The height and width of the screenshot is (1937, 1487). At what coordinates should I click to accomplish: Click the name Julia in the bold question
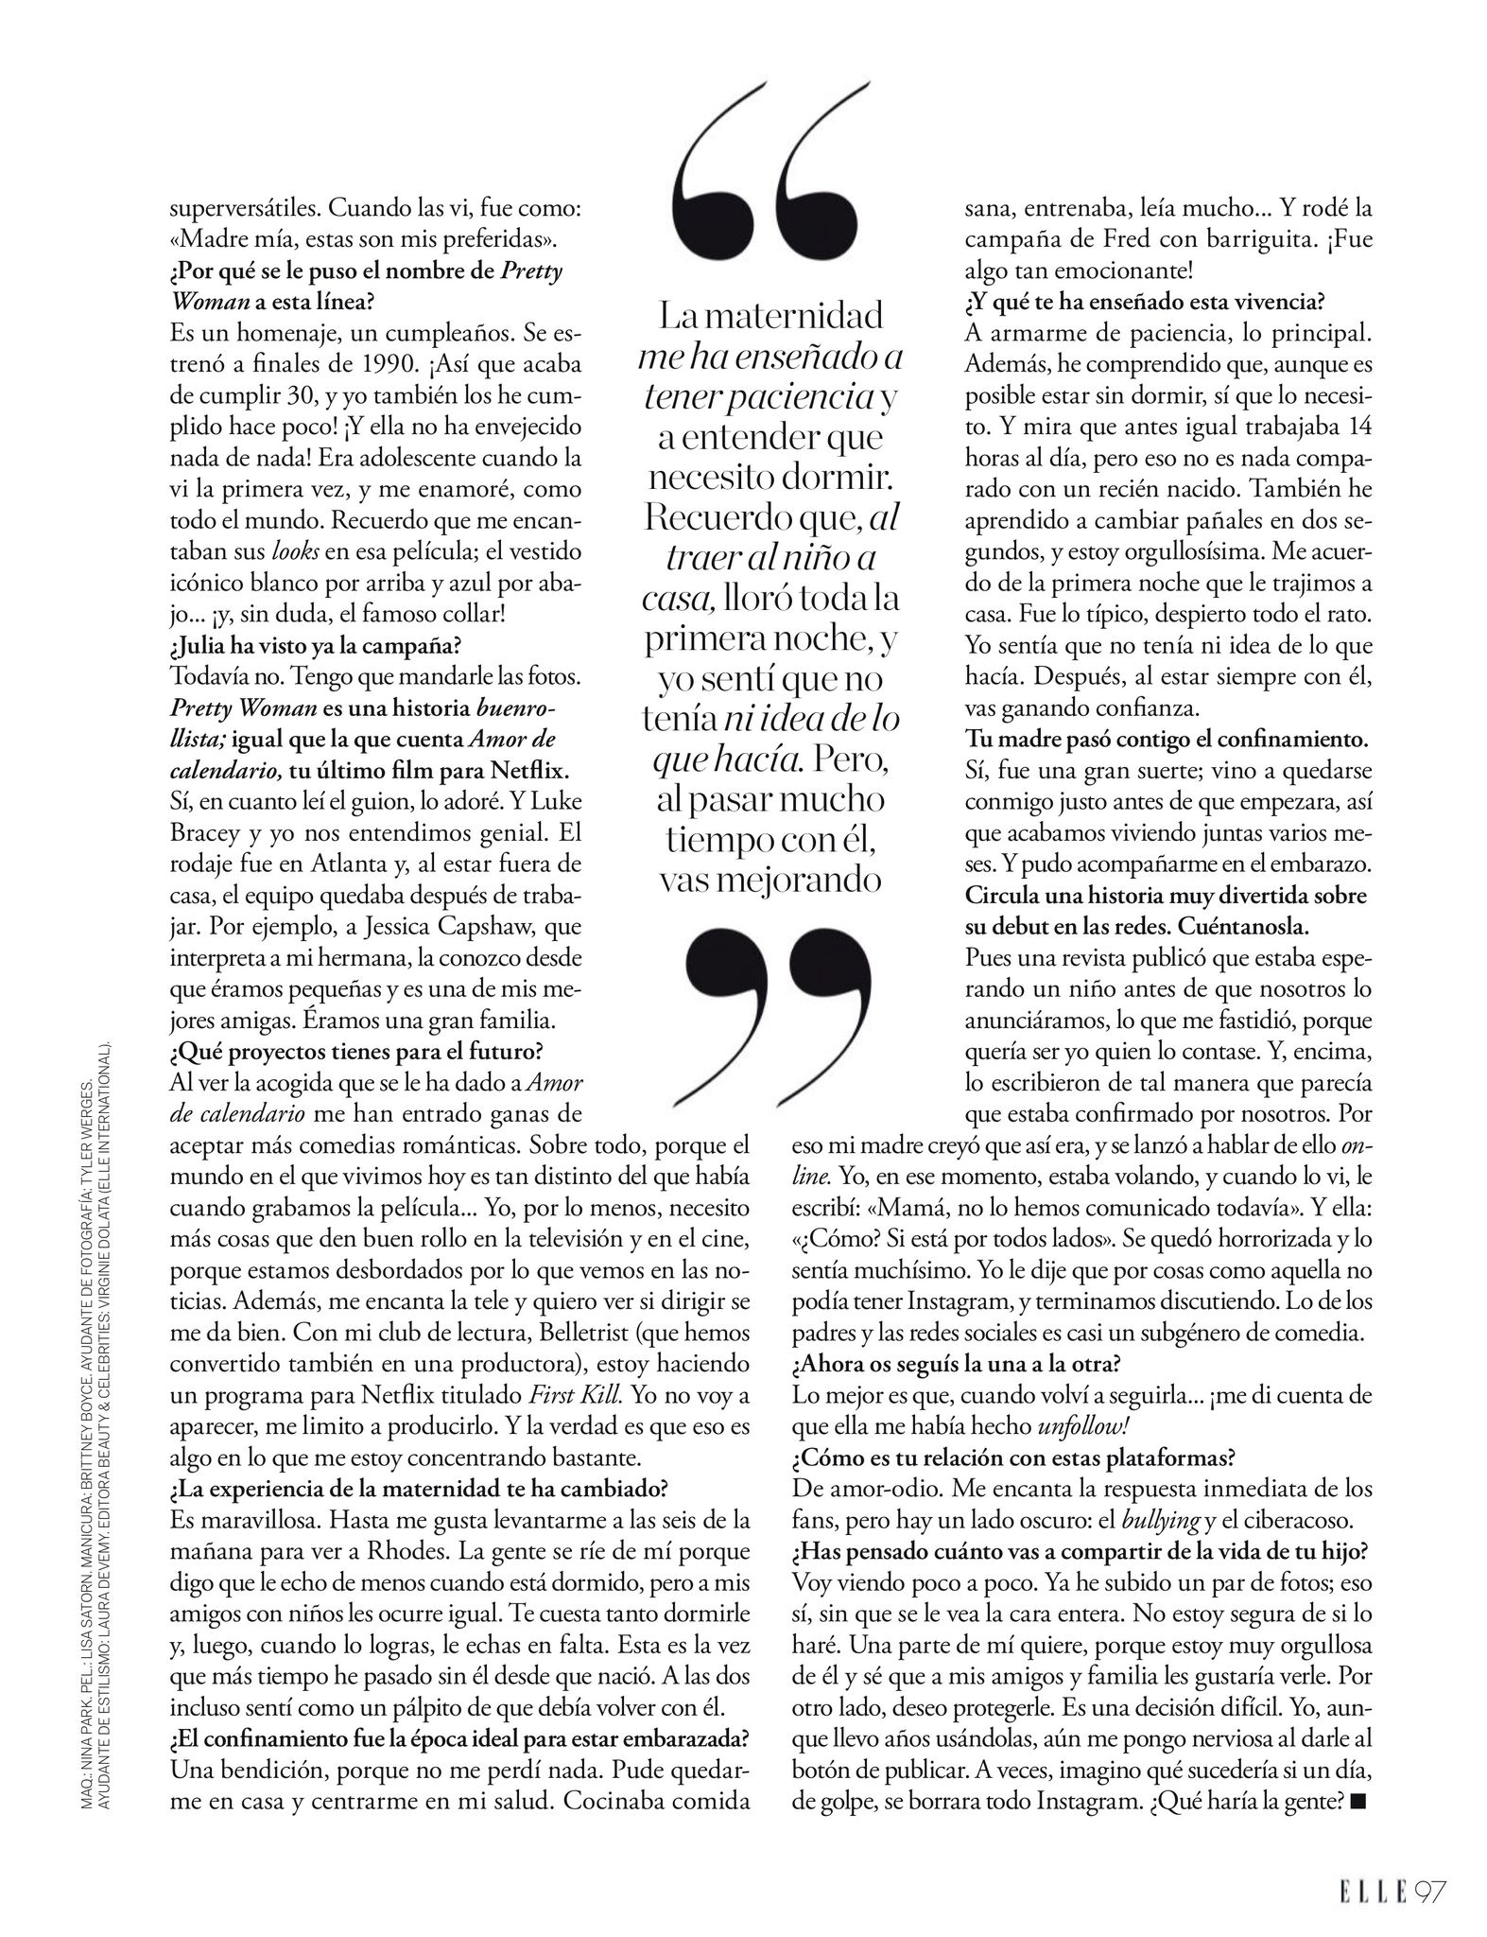[x=208, y=646]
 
